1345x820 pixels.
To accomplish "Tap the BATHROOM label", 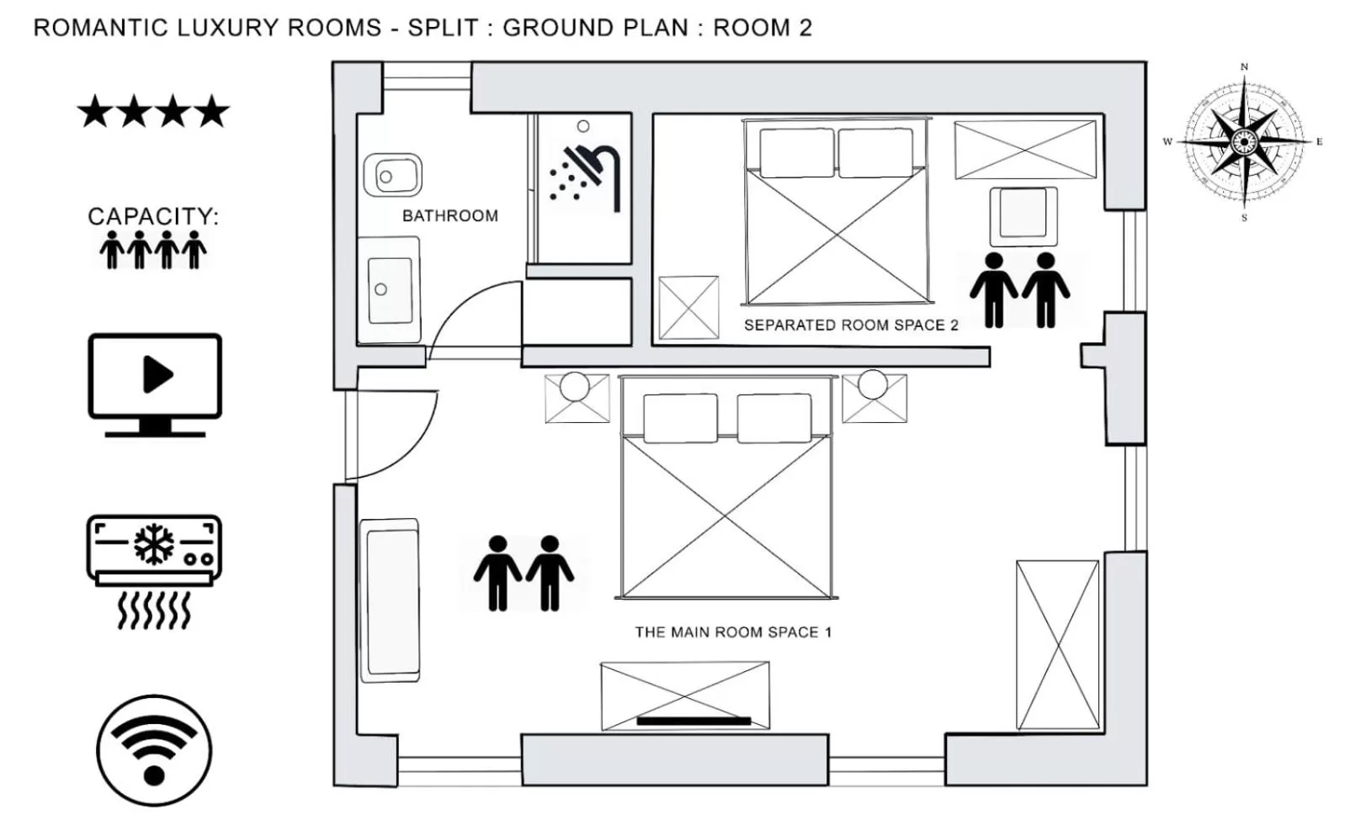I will (x=449, y=216).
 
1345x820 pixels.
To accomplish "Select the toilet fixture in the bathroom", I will (x=392, y=176).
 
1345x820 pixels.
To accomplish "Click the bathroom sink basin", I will (x=390, y=289).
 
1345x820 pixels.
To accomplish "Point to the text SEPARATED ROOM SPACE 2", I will (x=850, y=325).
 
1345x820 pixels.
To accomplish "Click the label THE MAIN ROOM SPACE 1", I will (x=732, y=632).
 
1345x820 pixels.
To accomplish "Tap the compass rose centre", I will (x=1243, y=141).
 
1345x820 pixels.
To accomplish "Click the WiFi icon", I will (x=154, y=750).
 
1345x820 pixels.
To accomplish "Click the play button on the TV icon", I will (x=157, y=374).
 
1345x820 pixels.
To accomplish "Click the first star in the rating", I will (x=94, y=112).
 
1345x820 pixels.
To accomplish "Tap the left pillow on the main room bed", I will (x=680, y=418).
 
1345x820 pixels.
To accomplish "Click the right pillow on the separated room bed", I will (x=875, y=152).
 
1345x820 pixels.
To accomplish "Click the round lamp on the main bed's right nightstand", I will (x=873, y=384).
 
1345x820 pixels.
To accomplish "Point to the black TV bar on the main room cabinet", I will (x=694, y=721).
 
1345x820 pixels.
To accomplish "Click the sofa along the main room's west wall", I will (x=390, y=600).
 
